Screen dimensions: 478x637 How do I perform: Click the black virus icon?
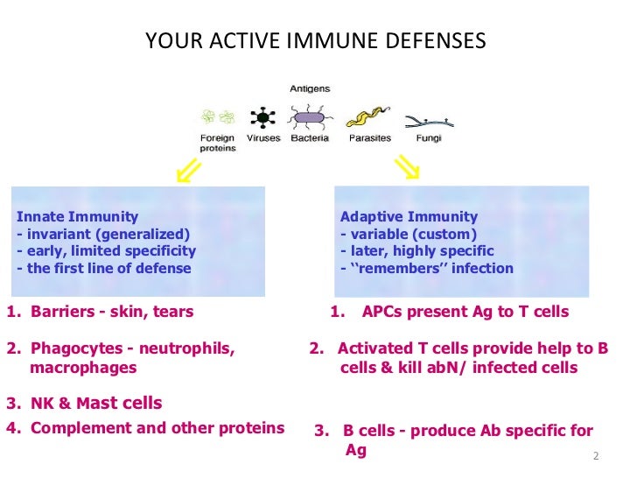pyautogui.click(x=260, y=116)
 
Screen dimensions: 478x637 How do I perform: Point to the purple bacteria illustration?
pyautogui.click(x=311, y=117)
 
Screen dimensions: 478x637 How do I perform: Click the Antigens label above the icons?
pyautogui.click(x=311, y=88)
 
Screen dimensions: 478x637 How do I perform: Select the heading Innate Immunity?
pyautogui.click(x=78, y=216)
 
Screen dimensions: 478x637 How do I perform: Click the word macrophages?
pyautogui.click(x=83, y=368)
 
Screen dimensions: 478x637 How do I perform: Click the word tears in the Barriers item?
pyautogui.click(x=173, y=311)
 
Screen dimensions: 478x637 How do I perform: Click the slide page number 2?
pyautogui.click(x=595, y=456)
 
